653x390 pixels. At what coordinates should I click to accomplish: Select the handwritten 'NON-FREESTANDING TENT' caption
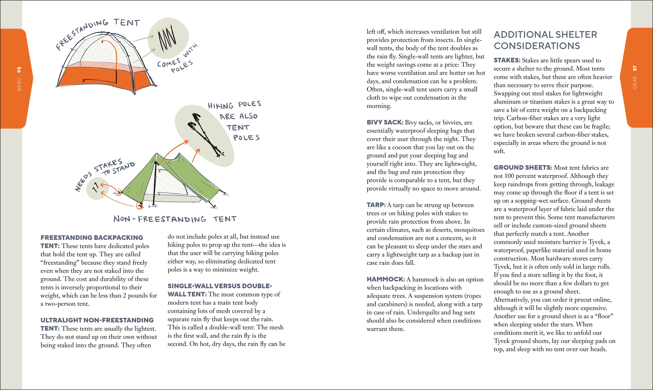click(x=175, y=219)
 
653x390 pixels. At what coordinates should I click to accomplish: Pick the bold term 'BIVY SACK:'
click(x=385, y=122)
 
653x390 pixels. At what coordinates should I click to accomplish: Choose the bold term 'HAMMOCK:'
click(x=386, y=279)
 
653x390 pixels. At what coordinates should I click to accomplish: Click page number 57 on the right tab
click(x=635, y=68)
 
